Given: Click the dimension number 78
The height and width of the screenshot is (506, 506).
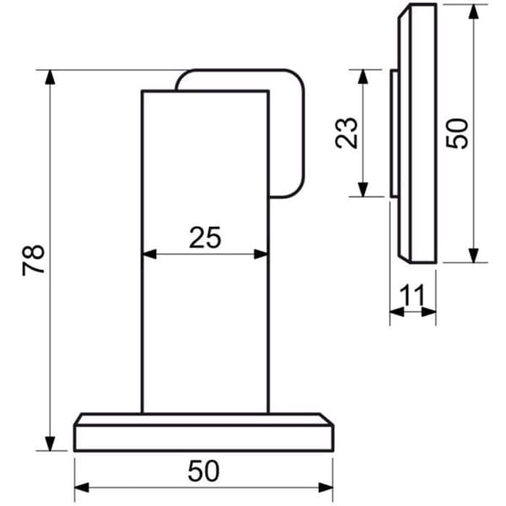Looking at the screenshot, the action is [x=33, y=260].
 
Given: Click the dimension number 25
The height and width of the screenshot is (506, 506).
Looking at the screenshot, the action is [x=205, y=238].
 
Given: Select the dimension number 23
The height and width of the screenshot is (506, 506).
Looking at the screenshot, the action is [x=347, y=133].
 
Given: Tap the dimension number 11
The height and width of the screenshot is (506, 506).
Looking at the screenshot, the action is [x=412, y=295].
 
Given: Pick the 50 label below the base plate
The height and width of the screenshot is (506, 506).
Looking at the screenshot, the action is [x=203, y=471].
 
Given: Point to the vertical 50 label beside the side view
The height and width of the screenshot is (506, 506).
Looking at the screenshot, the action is [x=456, y=133].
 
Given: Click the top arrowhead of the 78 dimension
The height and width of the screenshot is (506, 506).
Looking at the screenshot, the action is [x=50, y=77].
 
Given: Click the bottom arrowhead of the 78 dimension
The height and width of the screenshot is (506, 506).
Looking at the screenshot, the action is [x=50, y=443].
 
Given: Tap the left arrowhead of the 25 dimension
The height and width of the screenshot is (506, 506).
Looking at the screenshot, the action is [x=149, y=255].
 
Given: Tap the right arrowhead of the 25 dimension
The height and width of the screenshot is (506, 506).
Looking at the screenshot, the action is [x=261, y=255].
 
